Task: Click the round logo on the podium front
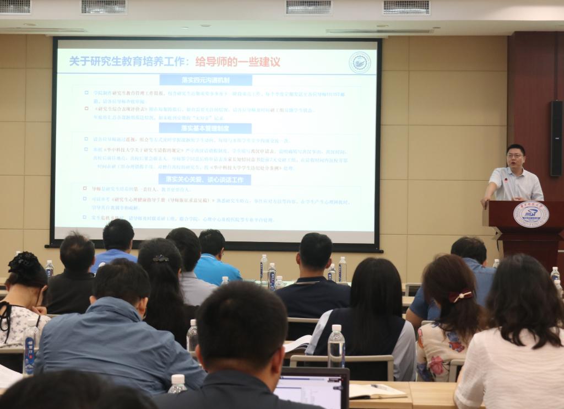[x=531, y=214]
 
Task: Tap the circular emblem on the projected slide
[x=360, y=62]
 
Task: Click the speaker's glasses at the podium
[x=516, y=156]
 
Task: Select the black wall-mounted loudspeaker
[x=556, y=138]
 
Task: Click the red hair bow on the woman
[x=460, y=295]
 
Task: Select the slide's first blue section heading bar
[x=205, y=80]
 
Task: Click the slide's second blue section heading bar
[x=205, y=128]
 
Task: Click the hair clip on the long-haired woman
[x=160, y=258]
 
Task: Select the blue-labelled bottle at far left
[x=30, y=348]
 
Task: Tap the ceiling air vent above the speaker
[x=406, y=7]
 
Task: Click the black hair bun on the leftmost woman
[x=23, y=261]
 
